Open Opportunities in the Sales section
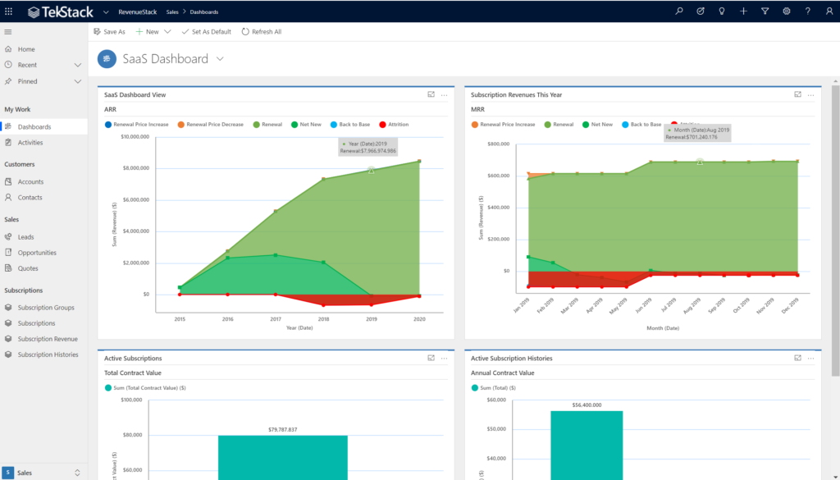(x=37, y=253)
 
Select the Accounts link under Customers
(x=30, y=182)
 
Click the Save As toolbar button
(x=109, y=32)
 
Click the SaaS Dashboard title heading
(x=165, y=59)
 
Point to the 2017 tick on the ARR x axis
(x=276, y=318)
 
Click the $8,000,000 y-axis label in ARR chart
(x=135, y=168)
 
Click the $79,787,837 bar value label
(x=282, y=429)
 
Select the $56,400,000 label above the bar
(x=587, y=405)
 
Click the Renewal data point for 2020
(x=419, y=162)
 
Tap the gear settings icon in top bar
(x=786, y=11)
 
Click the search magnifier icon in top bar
(x=678, y=11)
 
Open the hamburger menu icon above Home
(x=8, y=32)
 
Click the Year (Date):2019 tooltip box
(x=368, y=147)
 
